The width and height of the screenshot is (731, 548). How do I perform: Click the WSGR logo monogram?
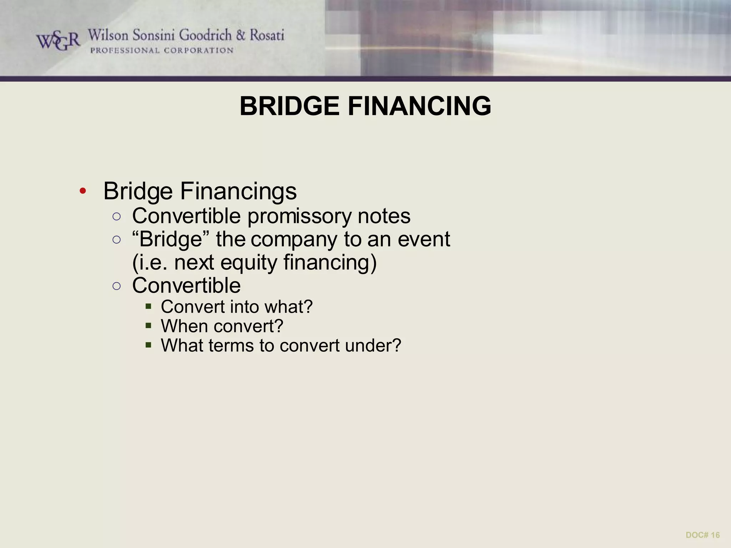[58, 41]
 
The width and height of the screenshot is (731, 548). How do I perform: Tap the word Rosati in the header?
[267, 35]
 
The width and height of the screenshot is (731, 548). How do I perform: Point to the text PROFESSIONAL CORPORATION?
[162, 51]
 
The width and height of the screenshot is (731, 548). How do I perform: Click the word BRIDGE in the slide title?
[289, 106]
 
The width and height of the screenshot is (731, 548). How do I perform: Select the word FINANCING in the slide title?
[419, 106]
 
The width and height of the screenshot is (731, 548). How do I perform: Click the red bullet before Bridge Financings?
[83, 191]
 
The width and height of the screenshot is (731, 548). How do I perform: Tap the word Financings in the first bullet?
[238, 191]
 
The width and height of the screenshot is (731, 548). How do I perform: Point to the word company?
[294, 240]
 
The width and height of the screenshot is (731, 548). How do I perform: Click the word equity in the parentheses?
[249, 263]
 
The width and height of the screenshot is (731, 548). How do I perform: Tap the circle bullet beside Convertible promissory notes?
[116, 217]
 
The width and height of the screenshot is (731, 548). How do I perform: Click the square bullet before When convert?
[148, 325]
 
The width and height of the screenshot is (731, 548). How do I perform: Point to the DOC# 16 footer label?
[702, 535]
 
